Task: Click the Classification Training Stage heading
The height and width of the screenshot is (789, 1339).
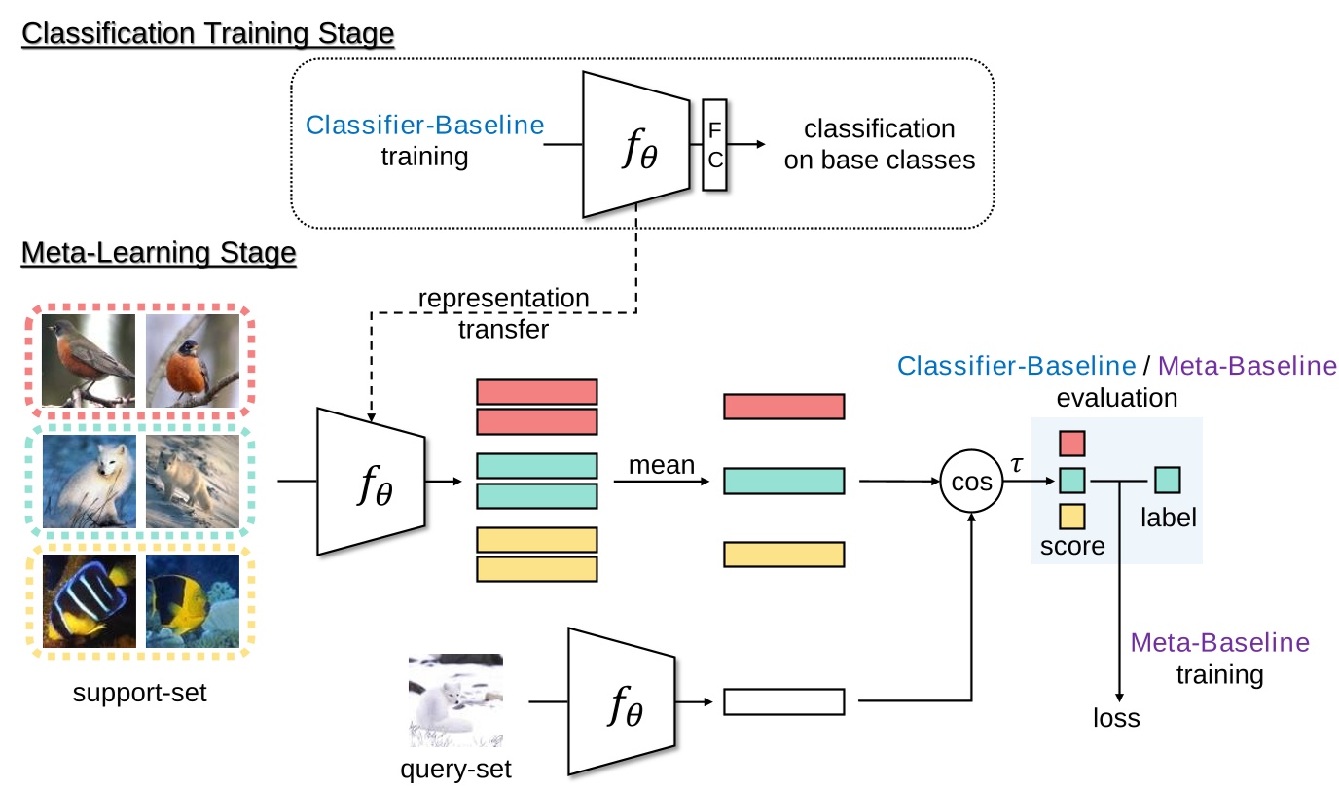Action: coord(207,33)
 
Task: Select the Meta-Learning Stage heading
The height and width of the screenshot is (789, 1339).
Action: coord(159,253)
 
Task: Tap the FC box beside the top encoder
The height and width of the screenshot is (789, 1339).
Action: coord(714,143)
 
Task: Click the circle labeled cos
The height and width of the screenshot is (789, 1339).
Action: coord(970,481)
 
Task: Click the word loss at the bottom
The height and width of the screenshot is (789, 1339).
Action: coord(1115,719)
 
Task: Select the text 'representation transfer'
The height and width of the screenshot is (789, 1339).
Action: coord(503,312)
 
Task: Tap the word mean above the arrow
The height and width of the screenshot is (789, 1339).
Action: coord(662,465)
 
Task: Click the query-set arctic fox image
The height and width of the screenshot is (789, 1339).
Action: coord(455,699)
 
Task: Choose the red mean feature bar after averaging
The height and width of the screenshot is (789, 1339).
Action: coord(783,407)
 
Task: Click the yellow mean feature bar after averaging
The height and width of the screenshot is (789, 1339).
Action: coord(783,555)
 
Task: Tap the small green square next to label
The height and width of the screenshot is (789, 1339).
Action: coord(1167,481)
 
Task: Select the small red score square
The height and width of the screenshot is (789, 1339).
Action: coord(1071,444)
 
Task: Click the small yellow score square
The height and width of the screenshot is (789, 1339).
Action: coord(1071,517)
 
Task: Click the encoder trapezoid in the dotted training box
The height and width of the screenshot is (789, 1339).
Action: coord(634,143)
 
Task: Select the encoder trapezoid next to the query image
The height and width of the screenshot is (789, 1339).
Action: coord(622,700)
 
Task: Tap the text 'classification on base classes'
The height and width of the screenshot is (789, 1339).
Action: coord(879,144)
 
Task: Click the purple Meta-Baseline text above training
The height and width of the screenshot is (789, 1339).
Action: coord(1219,643)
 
